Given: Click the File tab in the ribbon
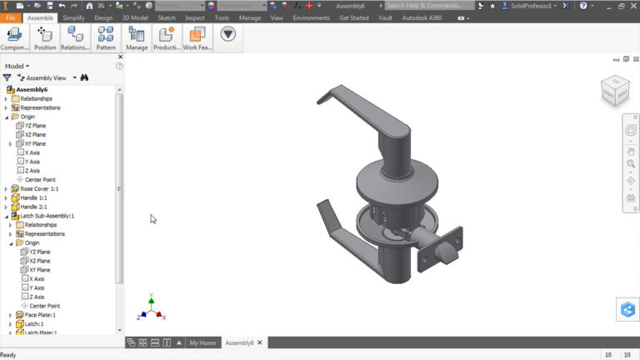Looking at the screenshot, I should click(x=11, y=17).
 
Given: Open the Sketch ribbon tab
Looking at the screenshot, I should click(x=167, y=17).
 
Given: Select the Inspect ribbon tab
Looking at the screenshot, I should click(x=195, y=17).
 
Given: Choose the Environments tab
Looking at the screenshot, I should click(x=311, y=17).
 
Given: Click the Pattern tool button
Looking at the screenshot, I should click(x=106, y=38).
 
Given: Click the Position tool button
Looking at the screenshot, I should click(x=45, y=38).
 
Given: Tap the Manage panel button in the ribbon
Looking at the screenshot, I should click(x=137, y=38).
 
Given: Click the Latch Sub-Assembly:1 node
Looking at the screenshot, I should click(x=47, y=216).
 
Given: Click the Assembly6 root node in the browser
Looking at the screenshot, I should click(x=31, y=89).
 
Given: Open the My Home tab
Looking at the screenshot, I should click(x=202, y=342).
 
